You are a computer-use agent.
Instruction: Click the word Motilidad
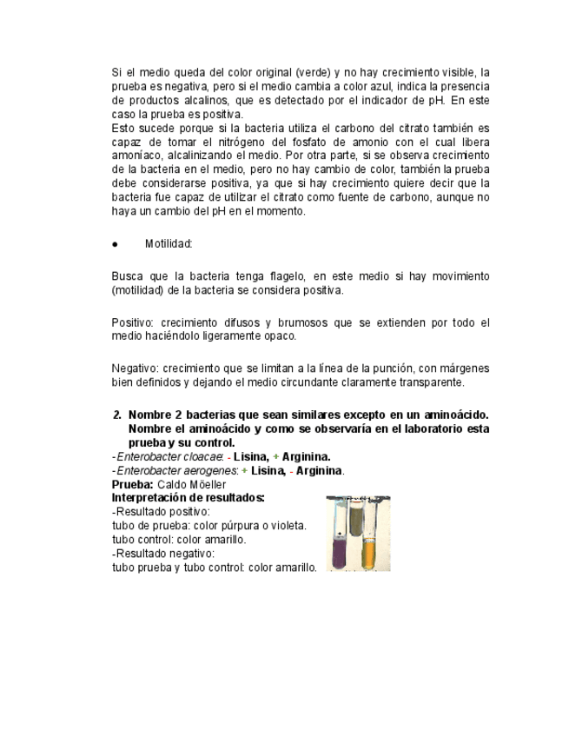(168, 244)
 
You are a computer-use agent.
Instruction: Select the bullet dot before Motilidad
(116, 245)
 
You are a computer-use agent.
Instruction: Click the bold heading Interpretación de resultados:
(189, 498)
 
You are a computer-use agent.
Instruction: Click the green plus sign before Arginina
(275, 456)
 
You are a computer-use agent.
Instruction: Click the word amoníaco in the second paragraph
(137, 156)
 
